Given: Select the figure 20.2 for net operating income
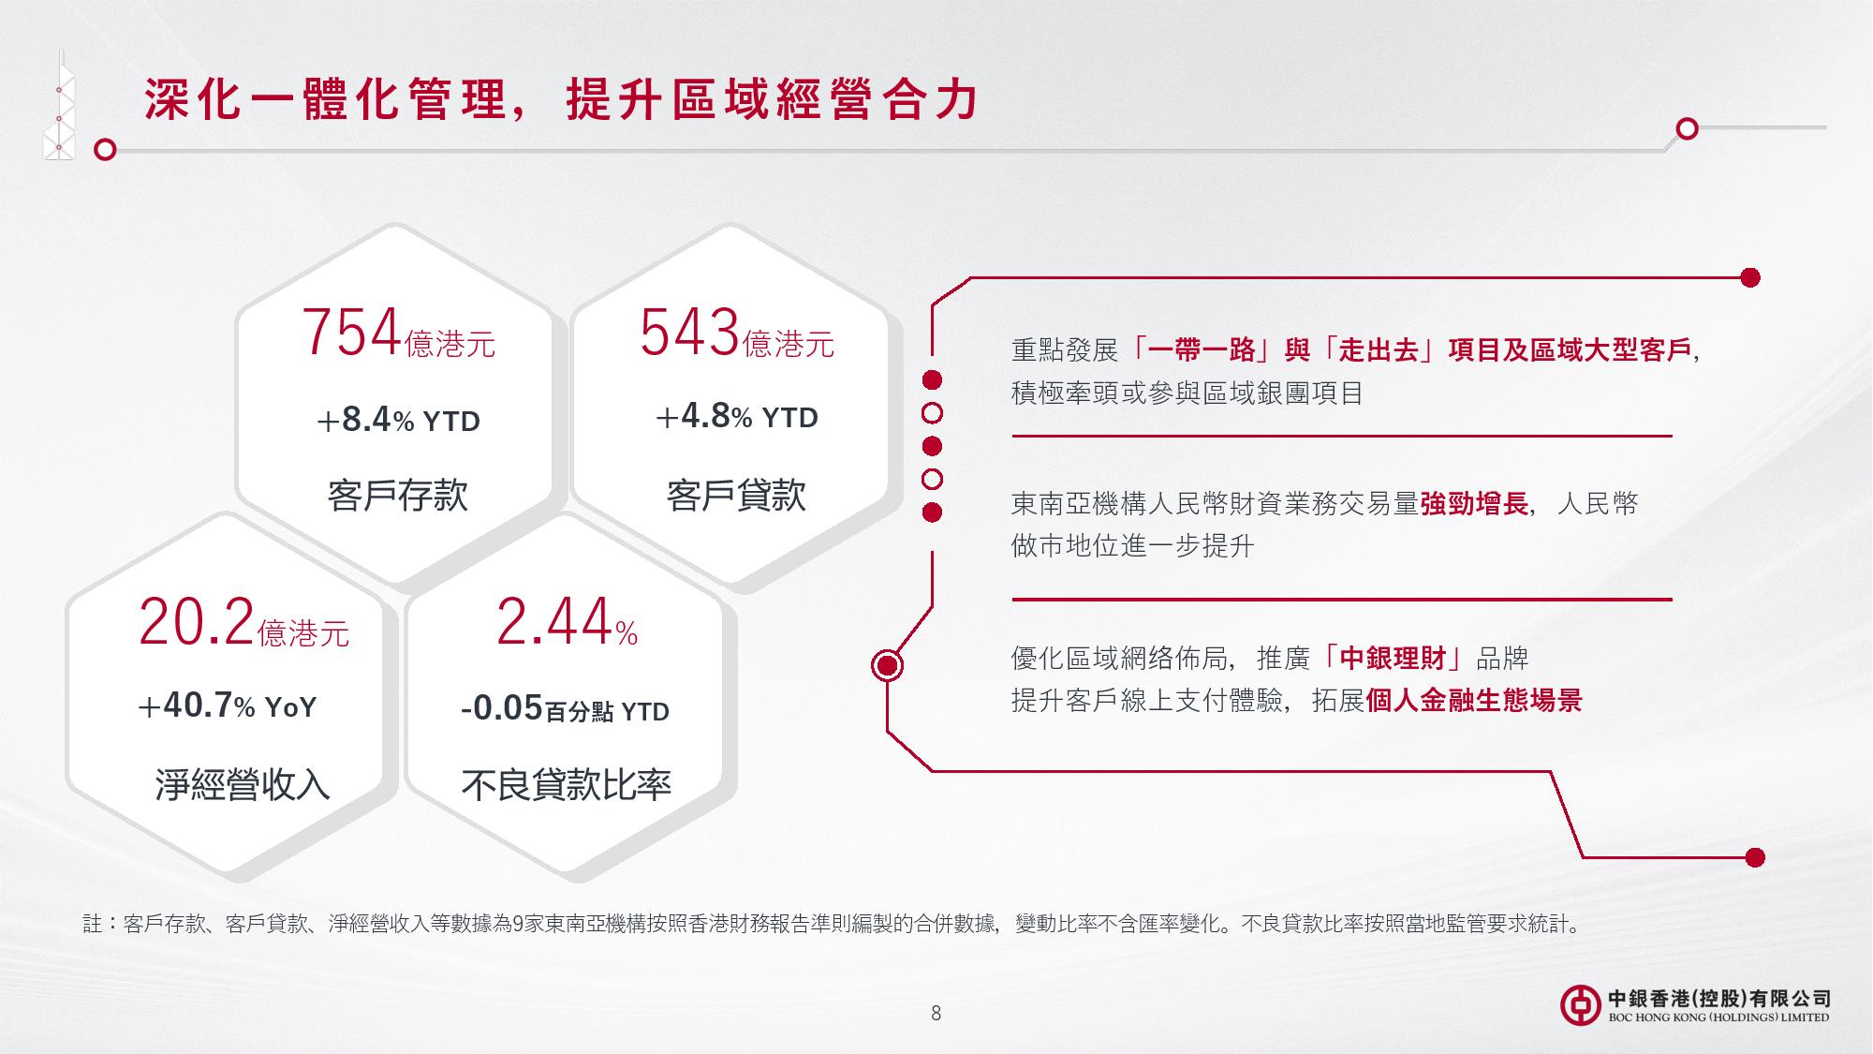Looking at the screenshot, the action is tap(197, 622).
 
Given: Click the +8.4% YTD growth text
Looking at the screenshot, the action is tap(398, 421).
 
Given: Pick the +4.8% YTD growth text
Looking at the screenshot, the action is tap(737, 417).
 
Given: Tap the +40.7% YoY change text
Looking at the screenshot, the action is tap(228, 705).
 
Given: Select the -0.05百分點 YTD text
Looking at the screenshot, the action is tap(566, 709).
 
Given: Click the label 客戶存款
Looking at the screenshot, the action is tap(398, 495).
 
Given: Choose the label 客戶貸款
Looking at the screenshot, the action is tap(736, 495).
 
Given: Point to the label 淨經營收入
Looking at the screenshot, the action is tap(243, 784).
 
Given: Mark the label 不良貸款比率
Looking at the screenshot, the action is tap(566, 784).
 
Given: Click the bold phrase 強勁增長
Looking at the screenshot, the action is tap(1474, 504).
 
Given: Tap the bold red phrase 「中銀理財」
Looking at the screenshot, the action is tap(1393, 659).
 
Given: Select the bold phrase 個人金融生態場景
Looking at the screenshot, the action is tap(1474, 701).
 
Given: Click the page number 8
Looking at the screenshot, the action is tap(936, 1013).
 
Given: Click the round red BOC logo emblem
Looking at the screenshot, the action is tap(1580, 1005).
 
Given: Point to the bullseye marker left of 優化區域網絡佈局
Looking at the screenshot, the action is tap(887, 666).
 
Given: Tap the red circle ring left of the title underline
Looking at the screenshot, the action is tap(106, 150).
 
